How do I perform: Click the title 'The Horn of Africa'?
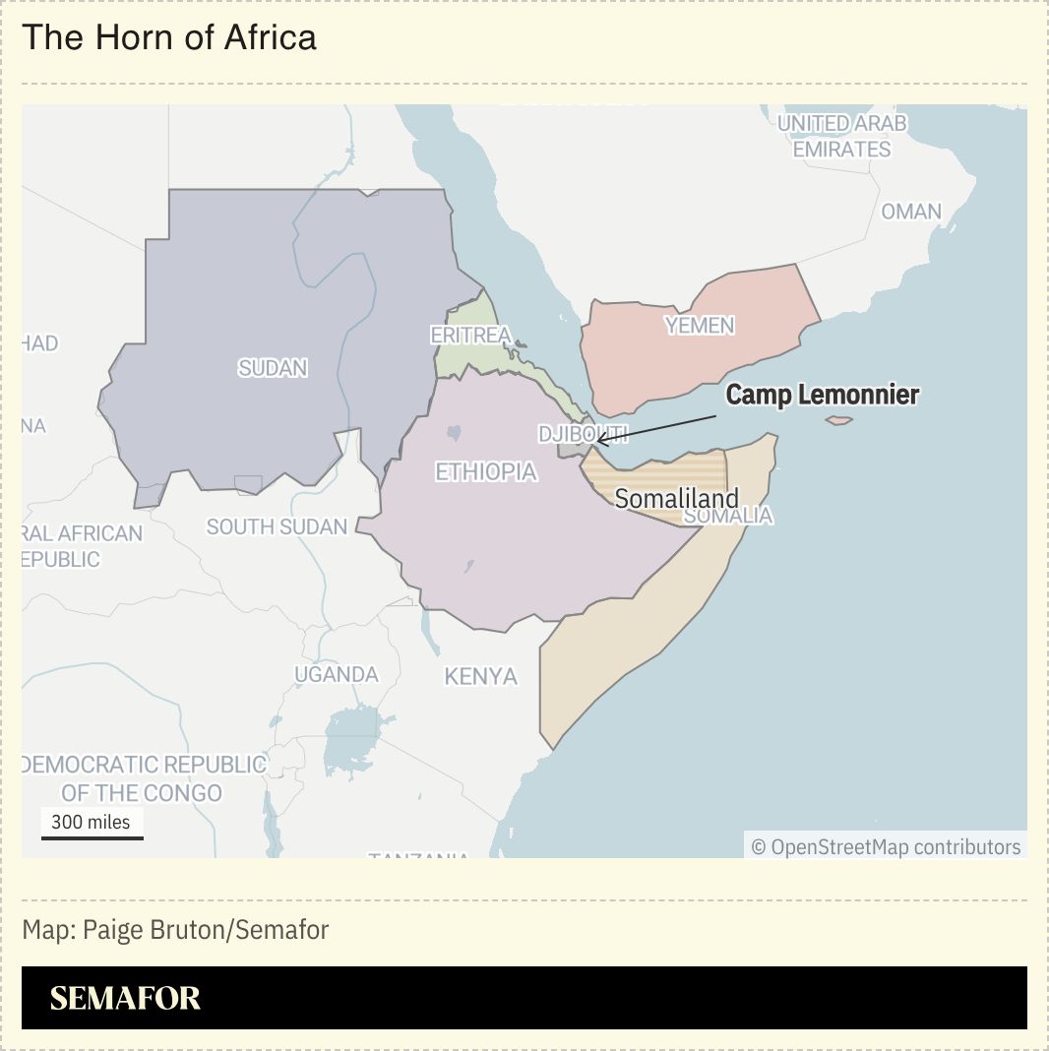click(x=169, y=37)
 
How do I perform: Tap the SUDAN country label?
click(x=273, y=368)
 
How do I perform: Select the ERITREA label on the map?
click(x=470, y=336)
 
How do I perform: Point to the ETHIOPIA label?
click(x=486, y=472)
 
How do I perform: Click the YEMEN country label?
click(x=700, y=326)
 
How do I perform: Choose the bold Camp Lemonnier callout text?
click(x=823, y=396)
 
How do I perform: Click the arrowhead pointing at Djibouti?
click(x=599, y=439)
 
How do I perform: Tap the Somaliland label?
click(x=676, y=498)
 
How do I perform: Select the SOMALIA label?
click(x=728, y=516)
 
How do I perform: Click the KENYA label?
click(x=480, y=677)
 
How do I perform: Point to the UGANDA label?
click(x=337, y=675)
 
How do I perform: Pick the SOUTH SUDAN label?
click(x=277, y=526)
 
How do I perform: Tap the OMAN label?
click(x=911, y=212)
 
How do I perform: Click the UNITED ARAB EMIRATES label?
click(x=841, y=137)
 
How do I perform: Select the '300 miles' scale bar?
click(x=92, y=826)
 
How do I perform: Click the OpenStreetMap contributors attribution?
click(x=886, y=847)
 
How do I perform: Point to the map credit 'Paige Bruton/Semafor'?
click(x=175, y=930)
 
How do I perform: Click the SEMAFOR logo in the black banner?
click(x=125, y=998)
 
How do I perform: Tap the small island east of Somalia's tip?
click(x=838, y=421)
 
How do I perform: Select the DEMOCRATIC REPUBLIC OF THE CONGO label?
click(x=143, y=778)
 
